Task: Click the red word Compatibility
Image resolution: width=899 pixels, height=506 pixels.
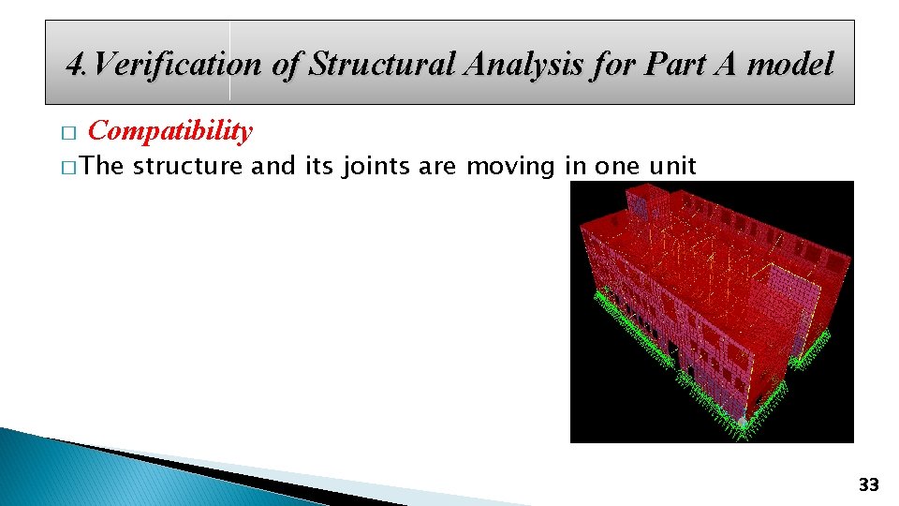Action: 169,131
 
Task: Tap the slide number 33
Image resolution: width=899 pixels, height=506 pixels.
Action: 868,484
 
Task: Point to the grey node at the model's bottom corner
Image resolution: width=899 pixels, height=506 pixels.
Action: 743,424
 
